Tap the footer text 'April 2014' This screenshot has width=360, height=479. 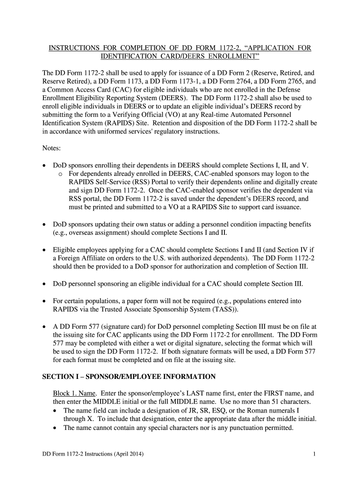(x=127, y=454)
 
